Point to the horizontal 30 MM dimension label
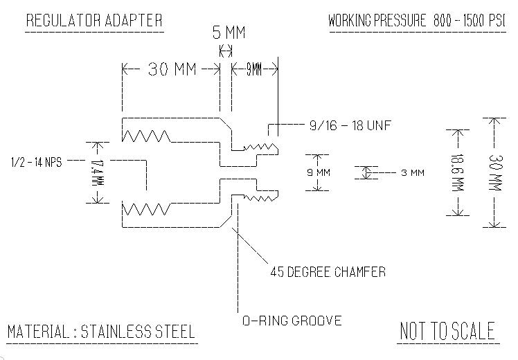coord(171,69)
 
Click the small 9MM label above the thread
coord(254,69)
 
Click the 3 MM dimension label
coord(412,172)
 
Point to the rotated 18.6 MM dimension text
coord(456,172)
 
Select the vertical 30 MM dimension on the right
coord(494,172)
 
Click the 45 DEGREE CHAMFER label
coord(327,272)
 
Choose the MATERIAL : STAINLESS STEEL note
coord(101,331)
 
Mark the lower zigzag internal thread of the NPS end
coord(145,208)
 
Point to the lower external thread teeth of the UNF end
coord(260,198)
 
